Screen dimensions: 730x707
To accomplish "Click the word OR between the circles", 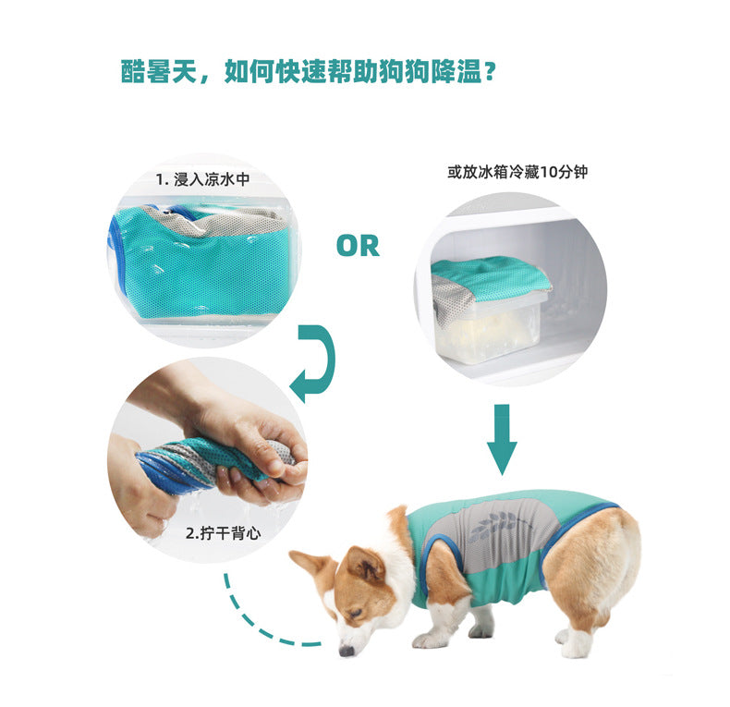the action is click(x=358, y=247).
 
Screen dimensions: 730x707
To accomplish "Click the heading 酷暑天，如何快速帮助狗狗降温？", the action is click(x=308, y=72).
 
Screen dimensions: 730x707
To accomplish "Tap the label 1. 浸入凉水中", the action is click(x=202, y=179).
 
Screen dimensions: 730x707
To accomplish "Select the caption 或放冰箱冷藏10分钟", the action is click(x=517, y=172).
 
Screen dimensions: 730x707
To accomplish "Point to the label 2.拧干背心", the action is click(x=224, y=533).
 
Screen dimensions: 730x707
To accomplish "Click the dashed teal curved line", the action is click(x=251, y=619).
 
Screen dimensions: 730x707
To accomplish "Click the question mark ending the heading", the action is click(x=489, y=73).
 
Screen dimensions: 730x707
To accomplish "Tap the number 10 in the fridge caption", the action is click(x=550, y=172).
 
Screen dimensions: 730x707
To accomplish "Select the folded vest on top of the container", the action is click(x=489, y=279).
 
